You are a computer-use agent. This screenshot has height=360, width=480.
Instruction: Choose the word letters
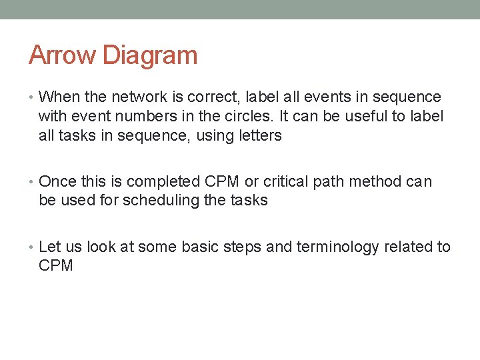tap(258, 136)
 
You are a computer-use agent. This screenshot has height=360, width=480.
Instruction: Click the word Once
tap(57, 181)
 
